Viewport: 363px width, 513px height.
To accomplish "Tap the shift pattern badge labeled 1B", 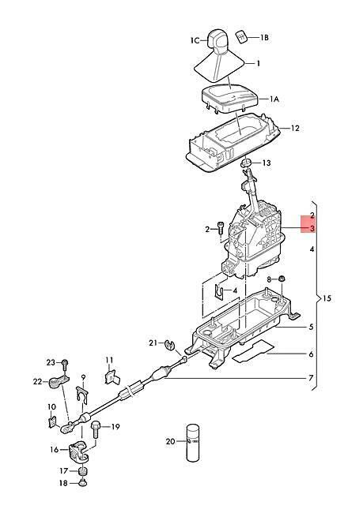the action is [242, 36].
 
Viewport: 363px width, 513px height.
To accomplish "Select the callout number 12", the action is [295, 128].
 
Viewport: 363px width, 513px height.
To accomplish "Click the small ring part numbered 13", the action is [246, 163].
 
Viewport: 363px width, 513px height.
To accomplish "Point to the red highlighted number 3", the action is [312, 228].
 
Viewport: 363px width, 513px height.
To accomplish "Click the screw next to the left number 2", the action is [220, 228].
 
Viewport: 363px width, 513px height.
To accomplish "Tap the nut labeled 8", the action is [281, 279].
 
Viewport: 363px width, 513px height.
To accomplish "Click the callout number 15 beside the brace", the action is [327, 298].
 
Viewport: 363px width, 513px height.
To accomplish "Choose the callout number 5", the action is [311, 327].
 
